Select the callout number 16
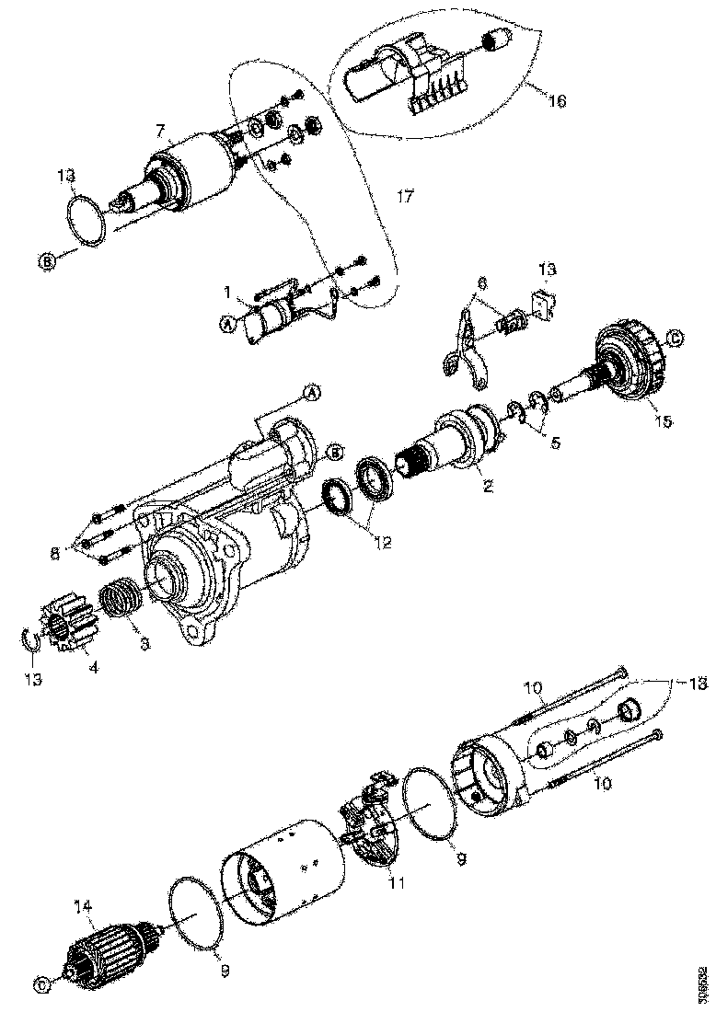pyautogui.click(x=557, y=99)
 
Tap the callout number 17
pyautogui.click(x=406, y=196)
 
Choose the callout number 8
pyautogui.click(x=54, y=553)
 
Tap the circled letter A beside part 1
pyautogui.click(x=225, y=322)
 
